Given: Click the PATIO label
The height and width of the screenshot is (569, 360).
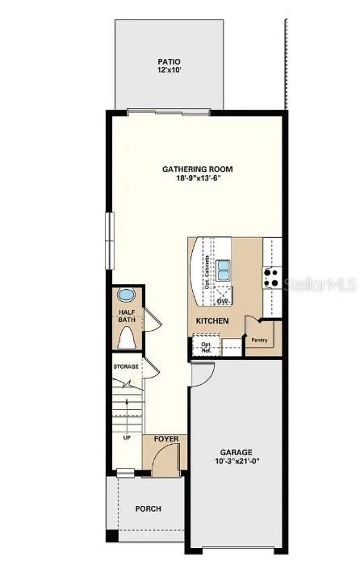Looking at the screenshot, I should pos(169,61).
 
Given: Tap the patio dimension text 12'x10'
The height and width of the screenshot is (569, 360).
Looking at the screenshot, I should pos(169,71).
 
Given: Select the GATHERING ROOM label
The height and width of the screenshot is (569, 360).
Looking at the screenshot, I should pos(198,169).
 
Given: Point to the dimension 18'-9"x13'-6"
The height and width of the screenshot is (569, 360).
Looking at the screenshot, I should pos(198,179).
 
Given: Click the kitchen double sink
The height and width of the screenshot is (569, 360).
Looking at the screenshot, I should pos(223,270).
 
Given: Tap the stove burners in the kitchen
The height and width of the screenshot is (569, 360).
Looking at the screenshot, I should pos(271,278).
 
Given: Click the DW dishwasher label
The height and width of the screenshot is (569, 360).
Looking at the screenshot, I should pos(222,301).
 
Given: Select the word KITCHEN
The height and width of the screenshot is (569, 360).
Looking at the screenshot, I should pos(211,321).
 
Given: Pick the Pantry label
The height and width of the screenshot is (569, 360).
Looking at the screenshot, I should pos(259,340).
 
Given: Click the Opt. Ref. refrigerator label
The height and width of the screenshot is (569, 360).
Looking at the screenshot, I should pos(206,348).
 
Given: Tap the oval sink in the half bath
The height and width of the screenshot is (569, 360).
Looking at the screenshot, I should pos(128,295).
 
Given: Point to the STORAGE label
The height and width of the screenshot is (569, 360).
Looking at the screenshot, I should pos(125,366).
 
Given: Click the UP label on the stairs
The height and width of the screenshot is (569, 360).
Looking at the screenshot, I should pos(127,437).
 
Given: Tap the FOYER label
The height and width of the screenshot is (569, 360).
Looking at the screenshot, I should pos(165,440).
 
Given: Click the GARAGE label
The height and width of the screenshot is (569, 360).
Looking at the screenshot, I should pos(237,452).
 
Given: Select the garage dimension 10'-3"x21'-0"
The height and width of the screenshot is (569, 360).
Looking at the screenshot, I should pos(237,462).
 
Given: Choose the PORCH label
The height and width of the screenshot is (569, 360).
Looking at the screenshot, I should pos(148,508).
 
